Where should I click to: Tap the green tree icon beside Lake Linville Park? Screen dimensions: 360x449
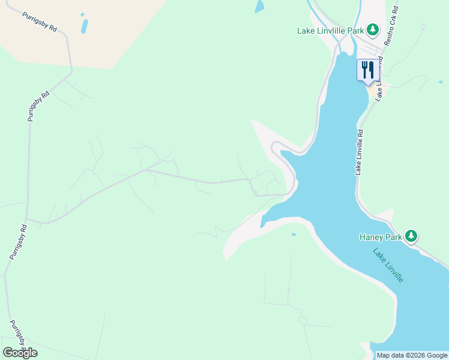click(x=373, y=29)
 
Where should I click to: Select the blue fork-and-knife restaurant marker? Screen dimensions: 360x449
click(x=367, y=70)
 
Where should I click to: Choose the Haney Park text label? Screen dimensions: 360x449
click(x=381, y=237)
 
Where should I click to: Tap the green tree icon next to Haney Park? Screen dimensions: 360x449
click(x=411, y=236)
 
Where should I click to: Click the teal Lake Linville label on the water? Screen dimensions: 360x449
click(x=388, y=265)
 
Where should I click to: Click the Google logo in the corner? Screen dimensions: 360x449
click(x=20, y=353)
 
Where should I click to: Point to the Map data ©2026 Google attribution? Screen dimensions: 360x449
click(x=412, y=355)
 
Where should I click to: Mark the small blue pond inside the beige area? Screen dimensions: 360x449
click(x=84, y=26)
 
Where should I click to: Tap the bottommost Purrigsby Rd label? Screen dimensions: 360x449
click(x=17, y=337)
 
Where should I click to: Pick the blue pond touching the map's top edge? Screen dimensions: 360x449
click(x=259, y=7)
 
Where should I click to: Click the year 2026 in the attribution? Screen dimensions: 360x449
click(x=415, y=355)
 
